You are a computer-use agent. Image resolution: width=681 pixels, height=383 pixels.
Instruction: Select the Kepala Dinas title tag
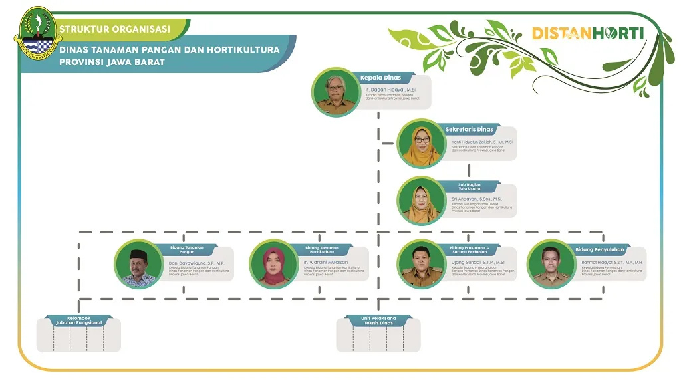click(x=381, y=78)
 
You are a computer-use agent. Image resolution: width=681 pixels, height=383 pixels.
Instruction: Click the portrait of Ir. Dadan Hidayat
click(x=336, y=92)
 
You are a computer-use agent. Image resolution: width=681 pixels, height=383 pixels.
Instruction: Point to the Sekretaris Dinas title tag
click(x=470, y=129)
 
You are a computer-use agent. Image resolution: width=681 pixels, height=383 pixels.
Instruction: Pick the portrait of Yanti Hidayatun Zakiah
click(x=422, y=144)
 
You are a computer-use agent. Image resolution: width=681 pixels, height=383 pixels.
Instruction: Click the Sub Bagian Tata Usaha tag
click(x=470, y=186)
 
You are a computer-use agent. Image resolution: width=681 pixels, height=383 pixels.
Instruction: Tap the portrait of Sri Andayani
click(x=422, y=201)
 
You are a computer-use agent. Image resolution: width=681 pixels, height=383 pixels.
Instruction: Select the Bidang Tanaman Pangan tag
click(x=186, y=250)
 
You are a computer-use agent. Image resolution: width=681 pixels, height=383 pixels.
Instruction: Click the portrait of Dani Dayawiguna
click(x=138, y=264)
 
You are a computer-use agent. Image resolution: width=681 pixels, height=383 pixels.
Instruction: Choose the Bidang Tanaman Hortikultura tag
click(x=321, y=250)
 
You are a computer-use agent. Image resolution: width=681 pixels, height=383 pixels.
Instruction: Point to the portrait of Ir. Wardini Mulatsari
click(x=273, y=264)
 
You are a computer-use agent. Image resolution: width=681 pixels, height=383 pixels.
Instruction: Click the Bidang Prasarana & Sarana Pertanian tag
click(x=470, y=250)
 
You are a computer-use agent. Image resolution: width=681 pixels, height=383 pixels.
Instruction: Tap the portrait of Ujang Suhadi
click(x=422, y=264)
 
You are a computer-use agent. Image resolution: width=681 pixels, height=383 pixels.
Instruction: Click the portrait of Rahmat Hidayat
click(x=551, y=264)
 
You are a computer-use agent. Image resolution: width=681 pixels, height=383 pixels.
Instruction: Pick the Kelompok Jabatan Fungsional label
click(x=78, y=320)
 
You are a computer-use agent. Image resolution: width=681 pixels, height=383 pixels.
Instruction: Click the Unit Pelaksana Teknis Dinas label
click(x=378, y=320)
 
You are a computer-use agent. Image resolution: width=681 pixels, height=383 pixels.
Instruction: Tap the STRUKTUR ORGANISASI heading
click(x=114, y=29)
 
